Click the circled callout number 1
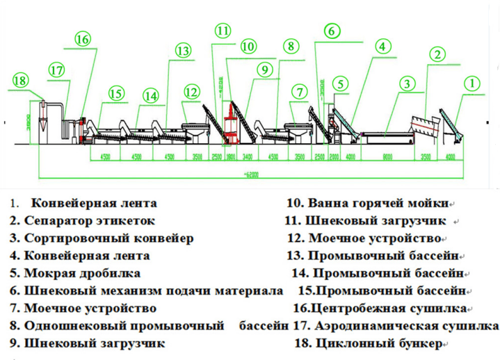pyautogui.click(x=472, y=84)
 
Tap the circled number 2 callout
pyautogui.click(x=437, y=54)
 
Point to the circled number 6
pyautogui.click(x=332, y=31)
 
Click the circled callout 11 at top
pyautogui.click(x=223, y=31)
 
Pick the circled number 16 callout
pyautogui.click(x=83, y=39)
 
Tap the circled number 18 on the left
pyautogui.click(x=20, y=81)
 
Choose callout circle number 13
pyautogui.click(x=183, y=51)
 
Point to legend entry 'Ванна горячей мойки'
pyautogui.click(x=367, y=204)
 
